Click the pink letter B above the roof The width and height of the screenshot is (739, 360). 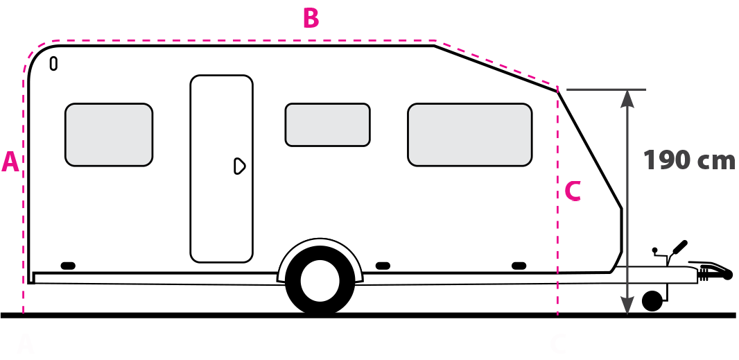coord(311,19)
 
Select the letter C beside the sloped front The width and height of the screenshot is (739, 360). coord(573,191)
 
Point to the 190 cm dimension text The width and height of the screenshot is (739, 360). coord(688,160)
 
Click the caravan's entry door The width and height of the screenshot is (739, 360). coord(221,169)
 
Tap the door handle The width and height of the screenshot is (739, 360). coord(239,166)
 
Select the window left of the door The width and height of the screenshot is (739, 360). coord(109,135)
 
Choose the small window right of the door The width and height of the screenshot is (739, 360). coord(327,125)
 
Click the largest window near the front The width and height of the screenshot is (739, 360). coord(469,135)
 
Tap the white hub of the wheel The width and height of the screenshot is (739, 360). coord(320,281)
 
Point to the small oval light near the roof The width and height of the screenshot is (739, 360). coord(53,64)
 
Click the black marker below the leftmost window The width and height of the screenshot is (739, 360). coord(68,266)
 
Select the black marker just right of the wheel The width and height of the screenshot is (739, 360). coord(382,266)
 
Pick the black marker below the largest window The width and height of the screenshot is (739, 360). coord(519,266)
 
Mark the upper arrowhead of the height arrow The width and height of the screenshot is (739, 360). coord(627,98)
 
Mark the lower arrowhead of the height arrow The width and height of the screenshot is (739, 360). coord(627,305)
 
